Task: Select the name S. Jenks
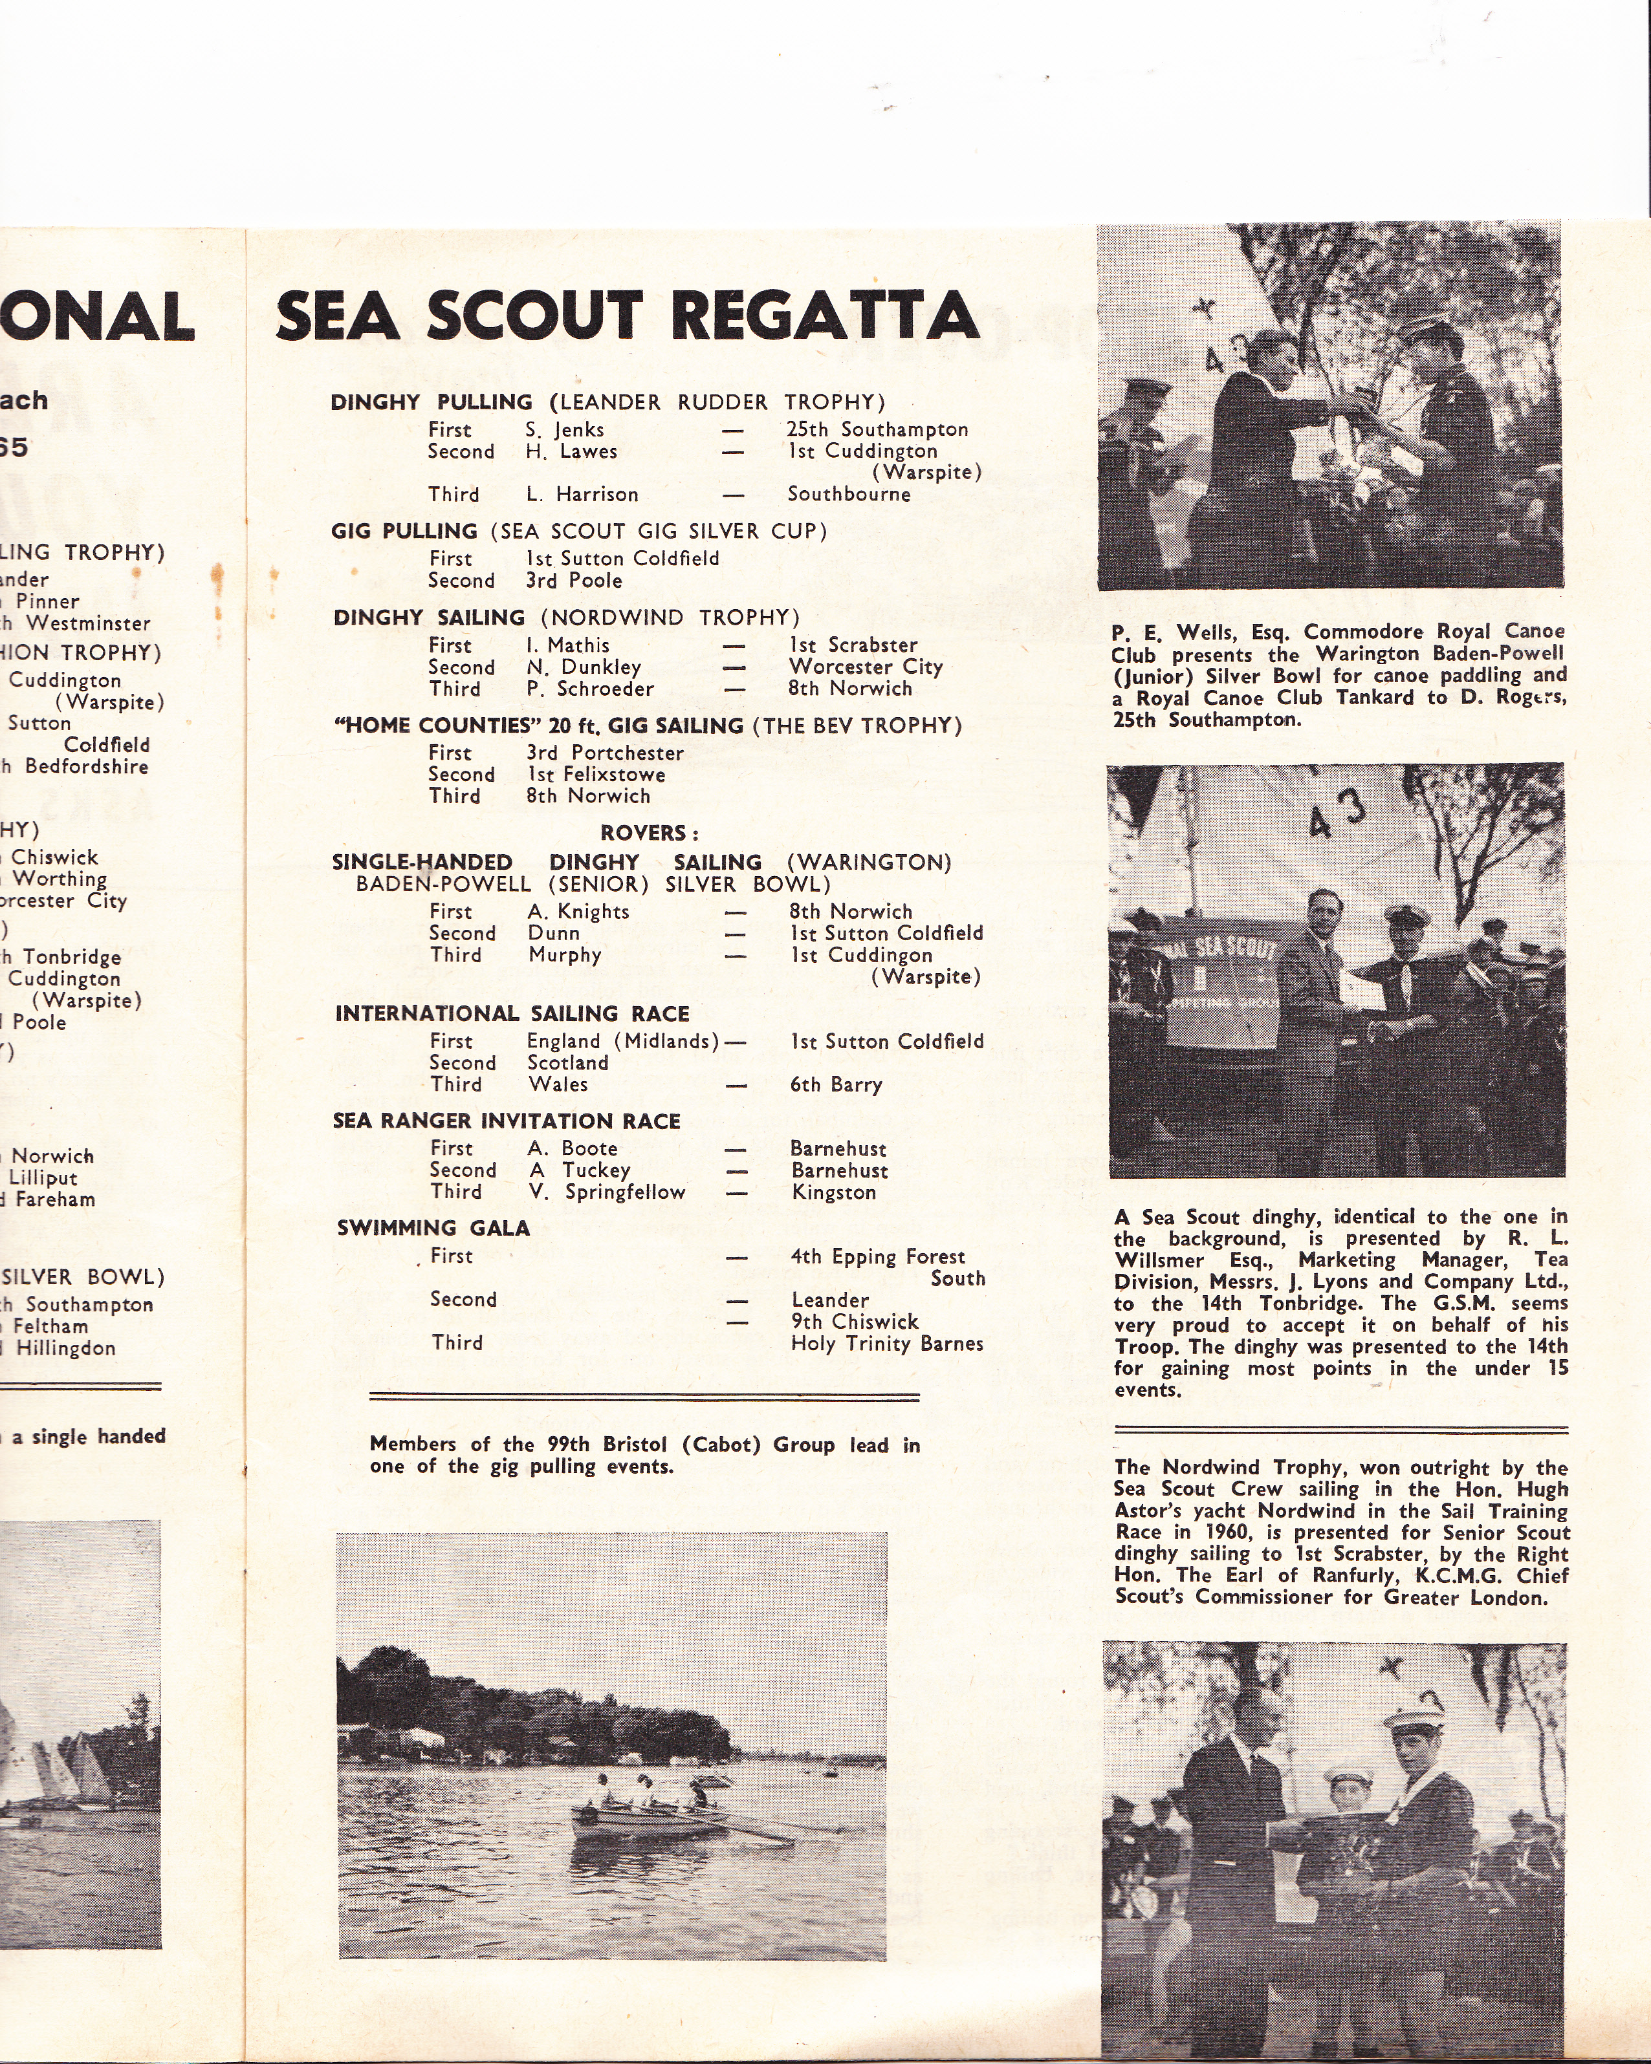tap(564, 430)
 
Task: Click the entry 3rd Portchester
tap(604, 753)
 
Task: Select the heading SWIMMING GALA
tap(433, 1229)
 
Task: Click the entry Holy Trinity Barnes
tap(887, 1344)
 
